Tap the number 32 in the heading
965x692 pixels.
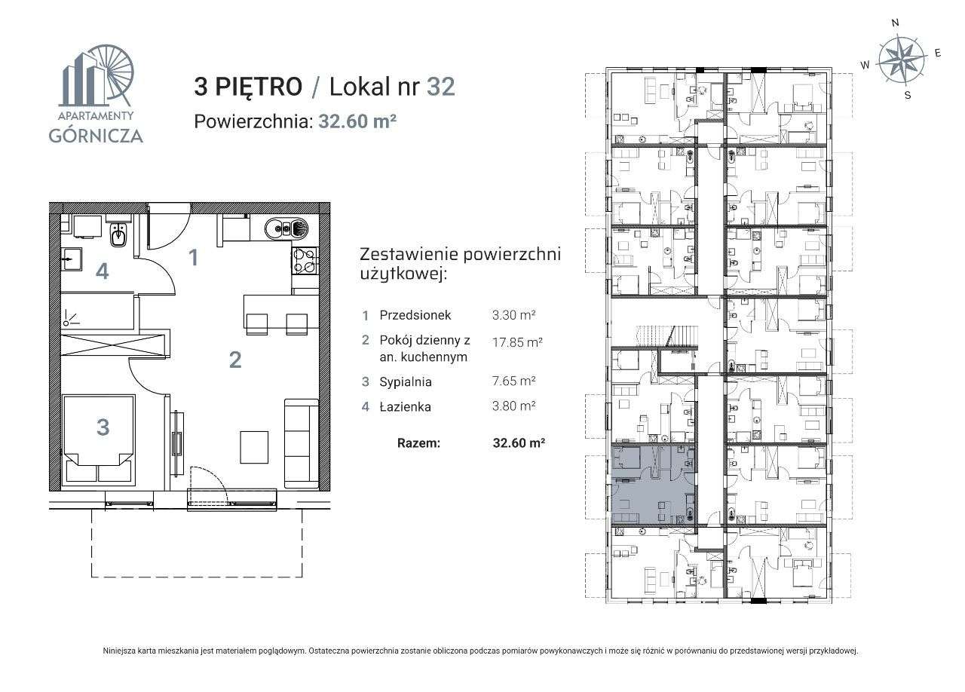coord(440,87)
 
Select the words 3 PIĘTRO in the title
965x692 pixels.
coord(248,87)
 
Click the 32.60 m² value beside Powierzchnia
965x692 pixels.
coord(357,121)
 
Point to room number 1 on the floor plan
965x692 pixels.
coord(194,258)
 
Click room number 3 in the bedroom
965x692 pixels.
coord(103,427)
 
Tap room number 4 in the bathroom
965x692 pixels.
coord(102,271)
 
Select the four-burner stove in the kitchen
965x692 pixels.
coord(305,261)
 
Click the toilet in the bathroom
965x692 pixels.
coord(119,237)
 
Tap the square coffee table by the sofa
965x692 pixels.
coord(254,447)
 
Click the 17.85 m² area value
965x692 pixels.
coord(516,341)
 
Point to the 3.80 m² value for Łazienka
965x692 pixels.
coord(513,406)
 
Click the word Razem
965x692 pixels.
coord(418,443)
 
